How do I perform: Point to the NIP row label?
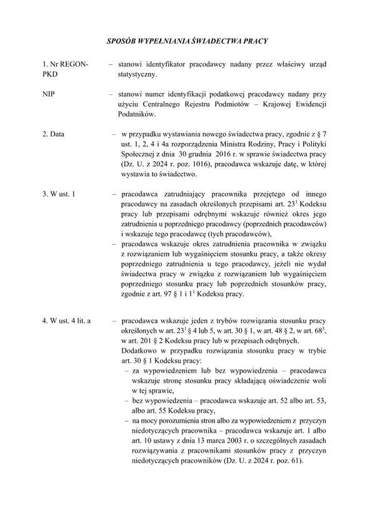48,94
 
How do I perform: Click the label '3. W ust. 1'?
59,194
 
